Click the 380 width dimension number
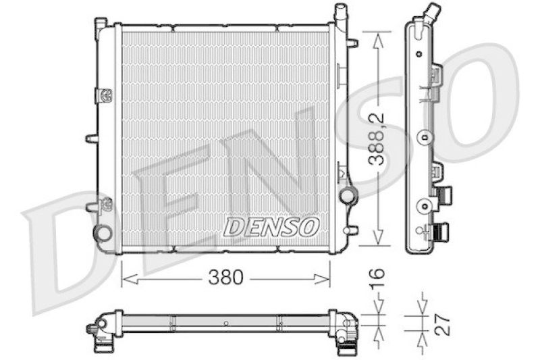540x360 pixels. pos(225,277)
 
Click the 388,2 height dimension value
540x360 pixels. pos(376,139)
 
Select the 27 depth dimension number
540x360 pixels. pos(443,324)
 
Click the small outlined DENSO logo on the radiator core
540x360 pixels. pos(271,227)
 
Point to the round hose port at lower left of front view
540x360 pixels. pos(103,233)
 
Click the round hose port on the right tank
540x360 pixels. pos(348,196)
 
